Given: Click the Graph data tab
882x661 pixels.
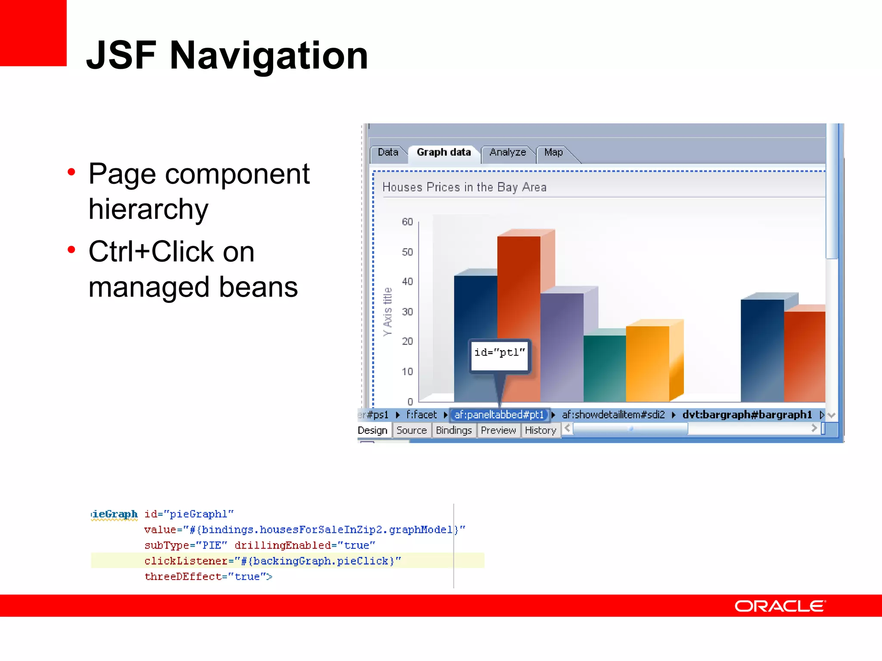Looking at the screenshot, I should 444,152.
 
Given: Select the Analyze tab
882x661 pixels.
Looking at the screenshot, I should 507,152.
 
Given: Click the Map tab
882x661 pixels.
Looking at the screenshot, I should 553,152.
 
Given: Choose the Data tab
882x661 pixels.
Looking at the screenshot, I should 388,152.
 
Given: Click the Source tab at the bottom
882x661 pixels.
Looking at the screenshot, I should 411,430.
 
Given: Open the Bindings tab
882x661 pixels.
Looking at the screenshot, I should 453,430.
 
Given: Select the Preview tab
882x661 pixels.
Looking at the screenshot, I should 498,430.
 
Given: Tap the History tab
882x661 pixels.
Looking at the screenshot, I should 540,430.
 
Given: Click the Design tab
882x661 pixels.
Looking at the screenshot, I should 373,430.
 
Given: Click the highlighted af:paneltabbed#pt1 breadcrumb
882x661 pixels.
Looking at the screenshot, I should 499,415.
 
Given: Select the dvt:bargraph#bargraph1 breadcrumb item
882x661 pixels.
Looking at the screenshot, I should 747,415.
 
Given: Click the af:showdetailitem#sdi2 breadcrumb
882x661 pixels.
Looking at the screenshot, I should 613,415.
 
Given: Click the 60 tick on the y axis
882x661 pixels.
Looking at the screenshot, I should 407,222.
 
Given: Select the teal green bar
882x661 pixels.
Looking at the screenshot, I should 604,368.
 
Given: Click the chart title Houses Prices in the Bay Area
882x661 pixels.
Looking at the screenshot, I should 464,187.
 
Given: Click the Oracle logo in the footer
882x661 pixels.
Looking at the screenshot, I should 780,606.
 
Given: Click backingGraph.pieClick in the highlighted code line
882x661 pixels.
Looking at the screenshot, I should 321,561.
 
